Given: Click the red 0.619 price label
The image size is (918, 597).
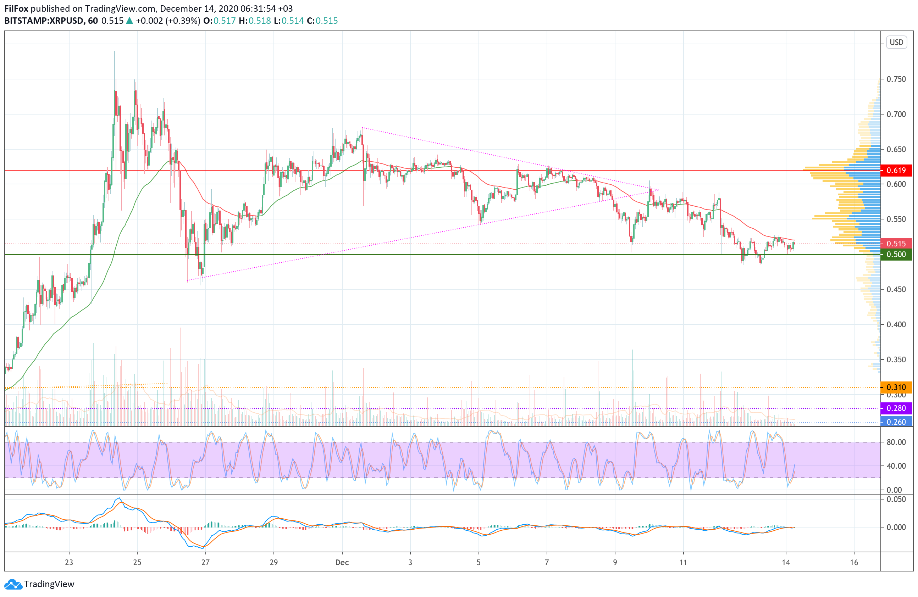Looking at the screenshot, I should (x=896, y=171).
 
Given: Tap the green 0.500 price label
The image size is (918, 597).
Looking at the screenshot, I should (x=896, y=255).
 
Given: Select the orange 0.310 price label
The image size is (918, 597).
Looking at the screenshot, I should (x=896, y=387).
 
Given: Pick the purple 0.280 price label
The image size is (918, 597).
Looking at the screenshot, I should (x=896, y=408).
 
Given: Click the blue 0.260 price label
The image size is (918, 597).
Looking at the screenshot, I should (x=896, y=422).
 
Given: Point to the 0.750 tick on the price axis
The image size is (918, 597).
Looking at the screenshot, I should (x=896, y=79).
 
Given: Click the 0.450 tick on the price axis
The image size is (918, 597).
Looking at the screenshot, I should (x=896, y=289).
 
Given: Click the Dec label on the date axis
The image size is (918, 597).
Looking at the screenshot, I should (x=342, y=562).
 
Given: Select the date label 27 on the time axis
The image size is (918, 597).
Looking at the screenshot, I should (x=205, y=562).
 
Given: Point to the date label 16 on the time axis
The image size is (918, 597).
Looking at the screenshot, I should (x=854, y=562).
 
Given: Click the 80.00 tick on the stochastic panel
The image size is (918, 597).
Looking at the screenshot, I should (x=896, y=442).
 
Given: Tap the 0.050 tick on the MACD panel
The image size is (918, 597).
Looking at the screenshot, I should (x=896, y=499).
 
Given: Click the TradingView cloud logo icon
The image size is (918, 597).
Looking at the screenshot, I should (x=13, y=584).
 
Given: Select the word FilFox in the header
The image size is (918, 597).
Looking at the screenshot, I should (x=16, y=9).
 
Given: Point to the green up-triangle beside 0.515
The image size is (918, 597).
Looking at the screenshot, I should (x=129, y=21).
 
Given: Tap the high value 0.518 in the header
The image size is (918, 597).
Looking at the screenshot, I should (x=260, y=21).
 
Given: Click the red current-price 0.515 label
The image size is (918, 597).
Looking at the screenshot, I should (x=896, y=244).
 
